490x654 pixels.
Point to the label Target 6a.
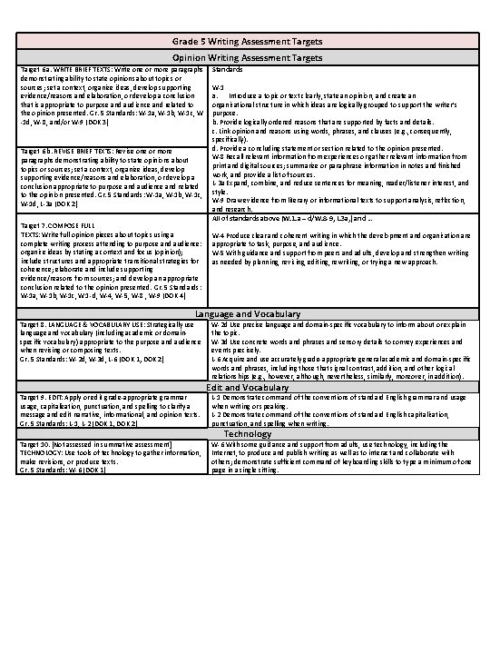point(34,69)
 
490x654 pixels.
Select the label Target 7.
point(32,224)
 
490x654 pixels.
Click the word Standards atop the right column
point(226,69)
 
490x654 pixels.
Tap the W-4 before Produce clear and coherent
point(218,235)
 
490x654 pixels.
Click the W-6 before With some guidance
point(218,444)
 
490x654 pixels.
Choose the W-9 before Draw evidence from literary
point(218,199)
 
